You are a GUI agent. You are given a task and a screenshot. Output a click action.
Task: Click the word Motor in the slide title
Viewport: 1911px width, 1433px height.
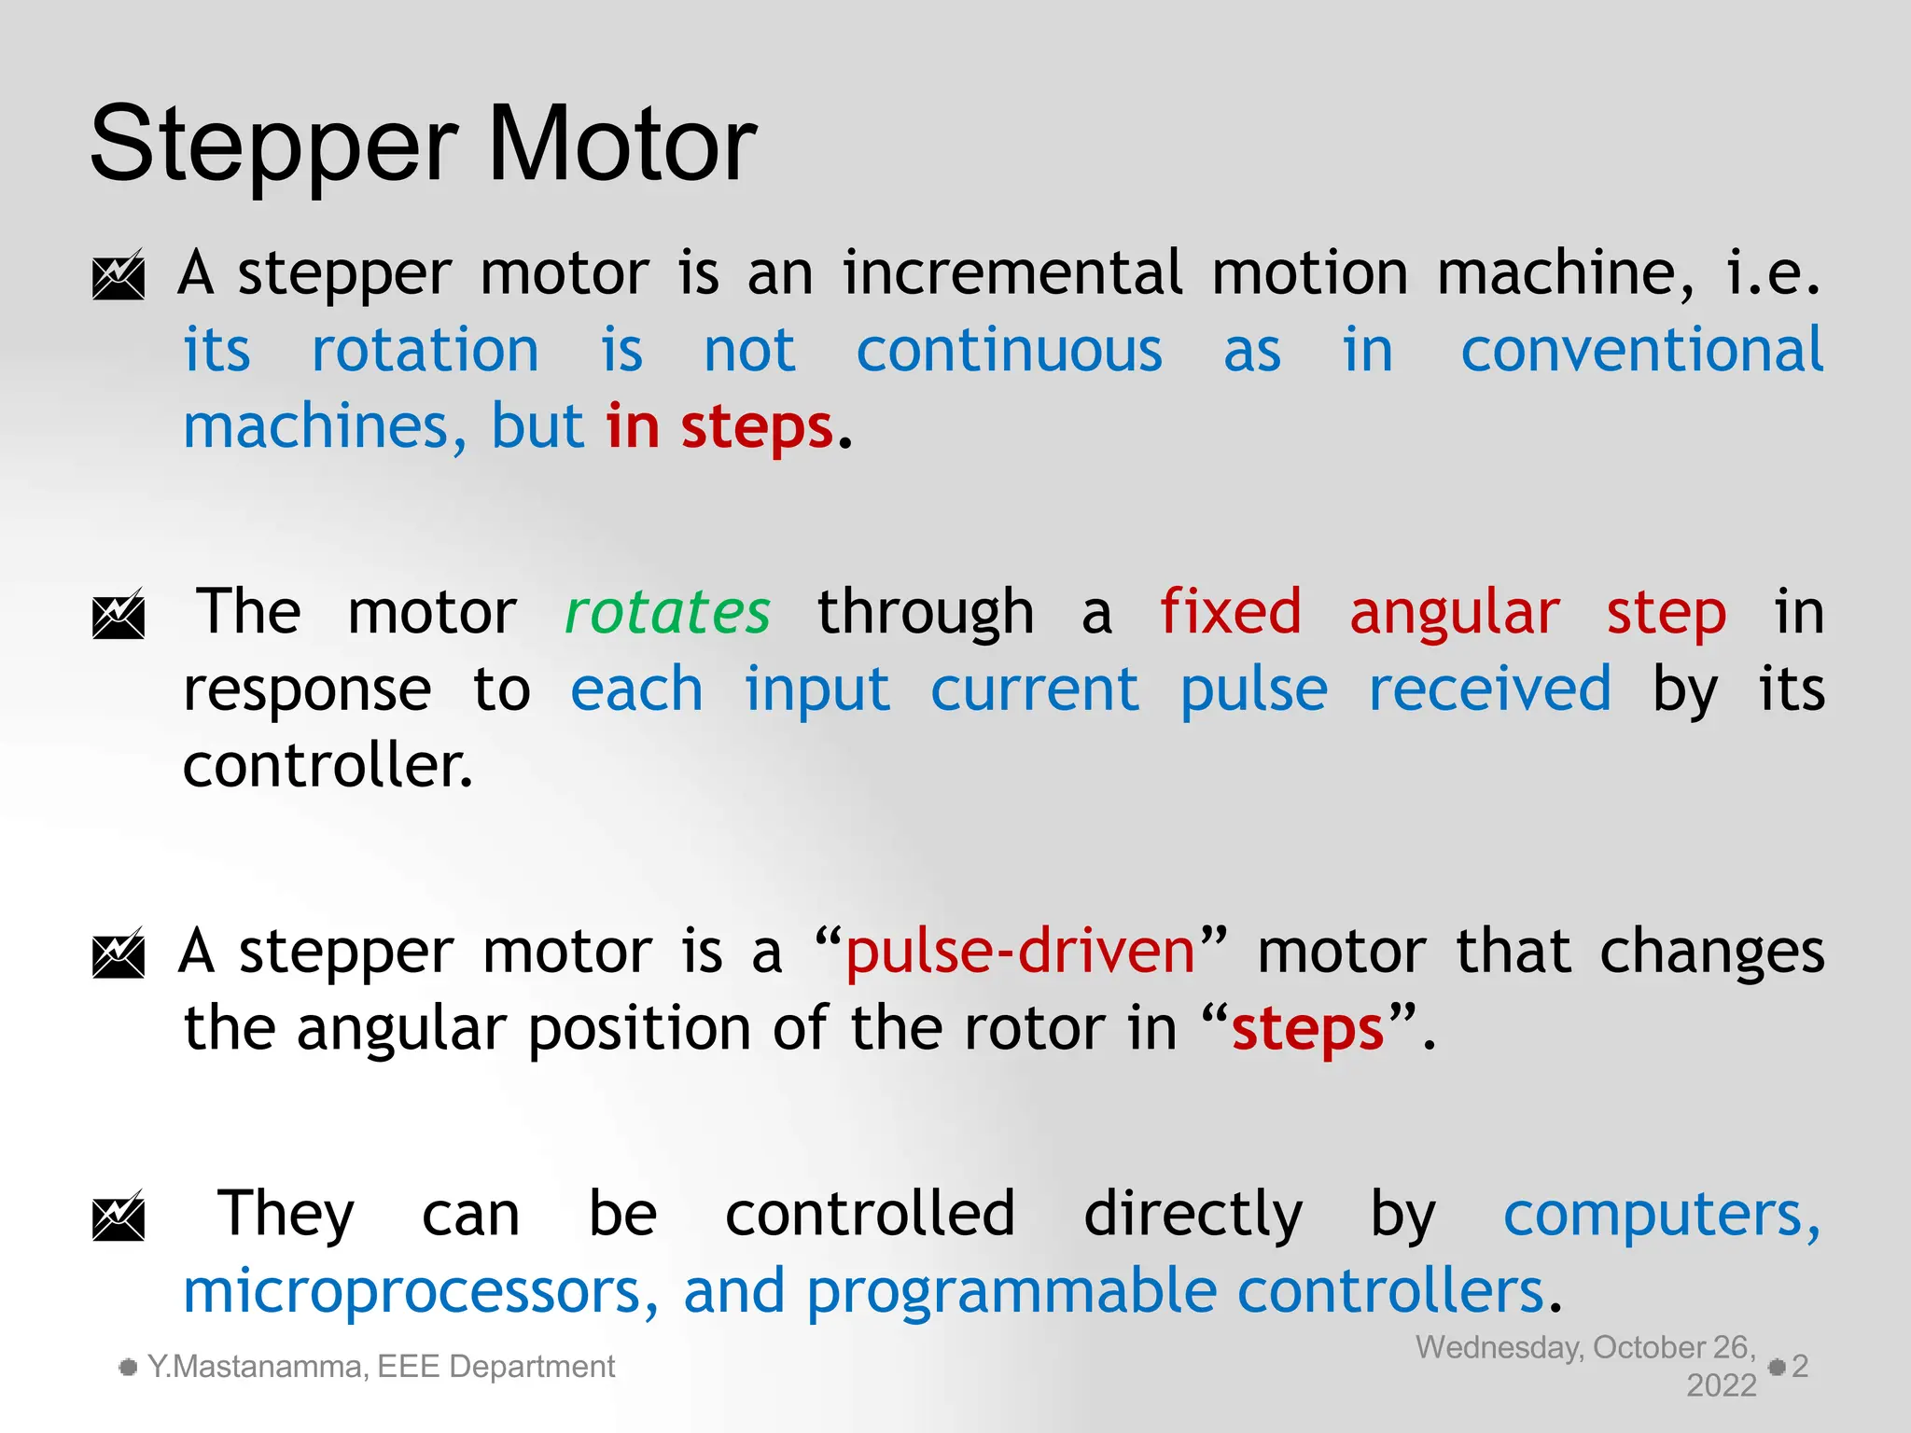(x=621, y=145)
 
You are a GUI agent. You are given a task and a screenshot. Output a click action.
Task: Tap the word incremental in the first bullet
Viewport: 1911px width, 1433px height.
(x=1012, y=273)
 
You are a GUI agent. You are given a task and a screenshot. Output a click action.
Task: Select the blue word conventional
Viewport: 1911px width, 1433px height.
(x=1641, y=351)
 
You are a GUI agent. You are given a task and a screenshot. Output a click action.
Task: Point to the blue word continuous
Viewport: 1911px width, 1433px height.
(x=1010, y=351)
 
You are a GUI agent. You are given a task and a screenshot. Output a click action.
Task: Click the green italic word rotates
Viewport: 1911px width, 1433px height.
(x=668, y=613)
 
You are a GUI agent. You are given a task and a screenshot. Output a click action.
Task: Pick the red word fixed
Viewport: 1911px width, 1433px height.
(x=1230, y=613)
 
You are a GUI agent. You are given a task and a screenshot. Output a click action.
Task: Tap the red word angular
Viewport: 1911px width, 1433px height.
(x=1454, y=613)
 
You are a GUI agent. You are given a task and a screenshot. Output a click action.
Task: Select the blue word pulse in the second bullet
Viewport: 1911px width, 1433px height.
(x=1253, y=690)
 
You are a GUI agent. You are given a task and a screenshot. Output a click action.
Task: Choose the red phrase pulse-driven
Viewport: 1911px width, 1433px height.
(x=1020, y=953)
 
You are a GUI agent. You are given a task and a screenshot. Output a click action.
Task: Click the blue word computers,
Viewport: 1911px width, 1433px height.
(x=1662, y=1215)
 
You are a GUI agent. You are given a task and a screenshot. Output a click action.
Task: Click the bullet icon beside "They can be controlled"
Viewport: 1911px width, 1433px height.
(x=119, y=1216)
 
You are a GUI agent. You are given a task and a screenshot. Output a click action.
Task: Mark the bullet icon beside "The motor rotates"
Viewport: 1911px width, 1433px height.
(x=119, y=614)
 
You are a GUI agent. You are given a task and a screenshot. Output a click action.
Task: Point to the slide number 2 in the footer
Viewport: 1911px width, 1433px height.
(x=1800, y=1367)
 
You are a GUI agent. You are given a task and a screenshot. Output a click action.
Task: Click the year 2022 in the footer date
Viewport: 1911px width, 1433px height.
(x=1721, y=1385)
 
